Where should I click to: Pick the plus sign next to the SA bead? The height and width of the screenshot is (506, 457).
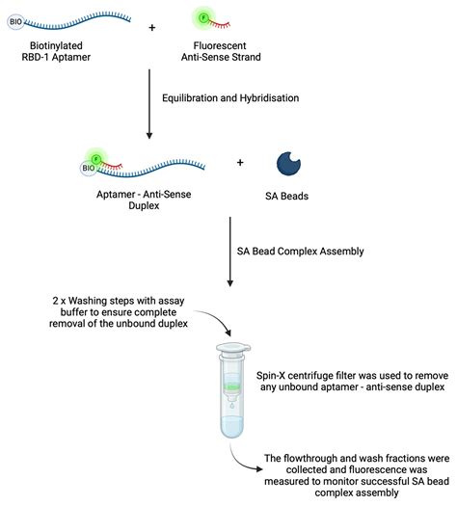(239, 163)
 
